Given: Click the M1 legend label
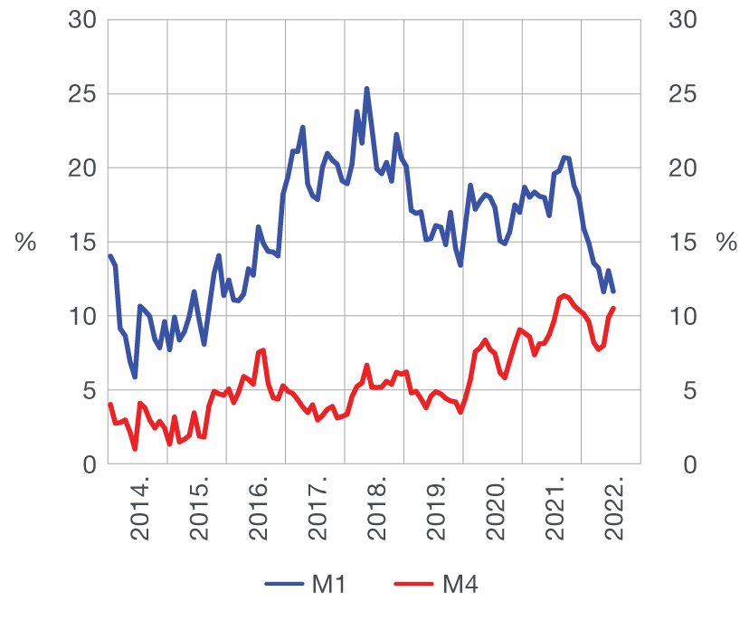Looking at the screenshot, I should pos(328,585).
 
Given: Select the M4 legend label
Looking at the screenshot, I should pos(460,585).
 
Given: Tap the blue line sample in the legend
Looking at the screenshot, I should pos(285,585).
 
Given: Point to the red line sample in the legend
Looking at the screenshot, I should pos(415,585).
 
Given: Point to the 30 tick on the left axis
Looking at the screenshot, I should pos(82,20).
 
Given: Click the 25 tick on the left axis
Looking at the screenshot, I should pos(82,94).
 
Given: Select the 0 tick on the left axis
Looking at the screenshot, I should pos(89,465).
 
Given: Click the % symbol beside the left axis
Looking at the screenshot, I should pos(26,243).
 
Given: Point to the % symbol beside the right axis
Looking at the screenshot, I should pos(726,243).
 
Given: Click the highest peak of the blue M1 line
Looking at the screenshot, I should pos(366,89).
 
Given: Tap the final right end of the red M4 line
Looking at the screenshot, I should pos(613,309).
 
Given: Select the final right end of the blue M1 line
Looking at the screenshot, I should pos(613,291).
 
